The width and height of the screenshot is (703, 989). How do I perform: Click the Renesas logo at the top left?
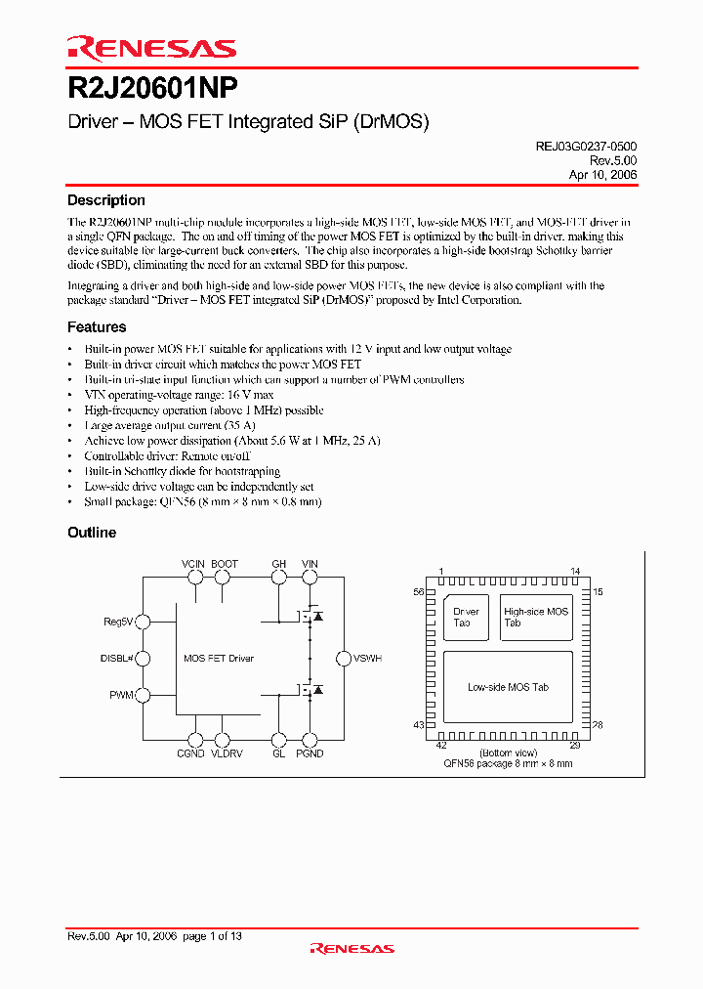click(x=151, y=48)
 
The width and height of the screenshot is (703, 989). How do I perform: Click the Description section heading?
click(x=105, y=200)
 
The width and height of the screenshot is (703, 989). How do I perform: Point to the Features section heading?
click(x=97, y=327)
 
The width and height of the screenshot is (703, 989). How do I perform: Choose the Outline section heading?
click(x=92, y=533)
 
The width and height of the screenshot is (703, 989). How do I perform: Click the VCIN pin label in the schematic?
click(x=193, y=564)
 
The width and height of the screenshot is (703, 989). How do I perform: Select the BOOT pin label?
click(x=224, y=564)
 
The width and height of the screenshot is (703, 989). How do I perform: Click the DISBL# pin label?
click(x=116, y=658)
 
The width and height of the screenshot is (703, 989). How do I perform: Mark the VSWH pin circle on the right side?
click(x=342, y=659)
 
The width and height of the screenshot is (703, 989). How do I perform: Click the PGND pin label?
click(x=310, y=753)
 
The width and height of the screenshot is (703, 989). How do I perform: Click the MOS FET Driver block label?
click(x=219, y=659)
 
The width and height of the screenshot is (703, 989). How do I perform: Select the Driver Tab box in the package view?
click(x=466, y=617)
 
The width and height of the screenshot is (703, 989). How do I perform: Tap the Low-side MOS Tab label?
click(x=508, y=687)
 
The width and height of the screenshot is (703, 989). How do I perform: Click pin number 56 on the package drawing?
click(x=419, y=592)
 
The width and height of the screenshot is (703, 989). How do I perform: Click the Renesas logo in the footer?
click(x=351, y=948)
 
